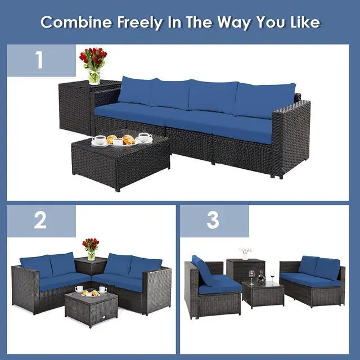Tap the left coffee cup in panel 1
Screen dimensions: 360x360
coord(100,139)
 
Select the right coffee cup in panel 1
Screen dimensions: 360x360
coord(145,137)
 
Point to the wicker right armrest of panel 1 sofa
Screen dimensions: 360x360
coord(291,138)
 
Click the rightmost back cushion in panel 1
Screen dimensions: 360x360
coord(264,100)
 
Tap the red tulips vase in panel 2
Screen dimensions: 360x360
coord(91,249)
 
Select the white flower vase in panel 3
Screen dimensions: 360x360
coord(245,253)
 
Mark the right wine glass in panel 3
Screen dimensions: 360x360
coord(272,275)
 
